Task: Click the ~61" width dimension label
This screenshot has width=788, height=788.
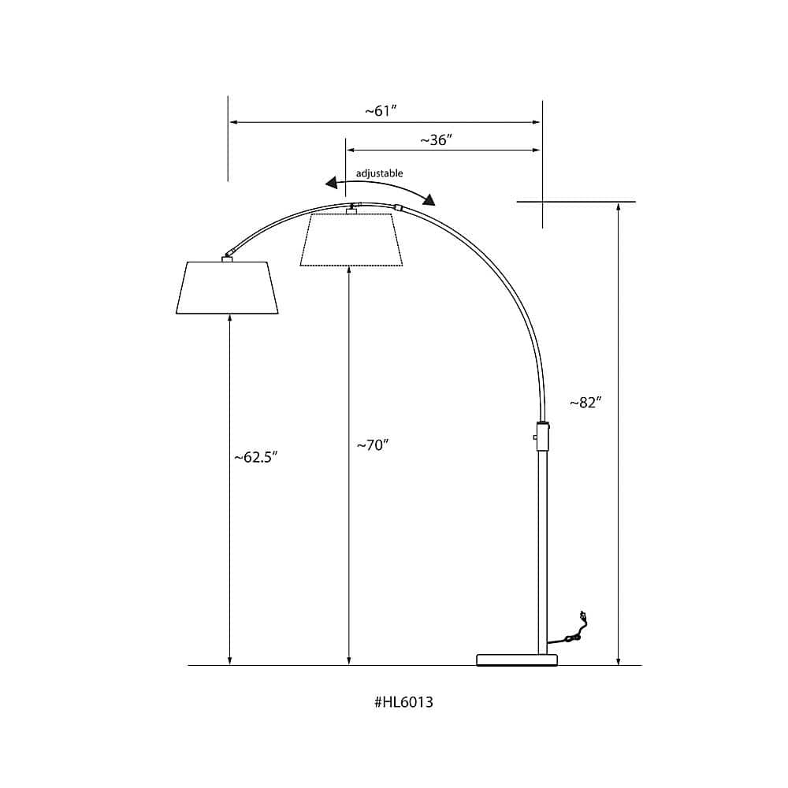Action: tap(381, 110)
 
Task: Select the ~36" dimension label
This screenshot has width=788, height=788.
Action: tap(437, 139)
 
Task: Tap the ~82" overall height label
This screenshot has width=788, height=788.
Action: tap(585, 403)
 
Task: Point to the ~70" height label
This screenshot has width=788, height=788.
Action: tap(373, 445)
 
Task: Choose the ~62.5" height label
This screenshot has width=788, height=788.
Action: tap(256, 457)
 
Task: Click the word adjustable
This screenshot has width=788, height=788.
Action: tap(380, 173)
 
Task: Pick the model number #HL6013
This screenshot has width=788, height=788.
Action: tap(403, 702)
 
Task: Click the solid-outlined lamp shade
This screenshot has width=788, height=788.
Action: tap(227, 288)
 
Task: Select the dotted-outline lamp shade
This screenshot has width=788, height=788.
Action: tap(351, 240)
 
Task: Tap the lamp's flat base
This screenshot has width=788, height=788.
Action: tap(517, 660)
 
